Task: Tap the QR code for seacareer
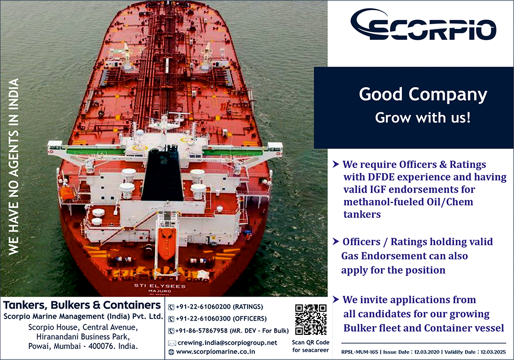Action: coord(310,320)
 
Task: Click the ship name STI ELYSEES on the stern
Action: coord(159,285)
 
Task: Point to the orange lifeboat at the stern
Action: coord(167,243)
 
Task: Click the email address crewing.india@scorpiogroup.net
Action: coord(227,343)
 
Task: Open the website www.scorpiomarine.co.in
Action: coord(216,352)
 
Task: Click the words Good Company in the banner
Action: coord(423,94)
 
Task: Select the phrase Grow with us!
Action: coord(423,118)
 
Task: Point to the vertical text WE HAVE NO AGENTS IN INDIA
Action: coord(14,166)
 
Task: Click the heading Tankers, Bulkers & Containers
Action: coord(82,305)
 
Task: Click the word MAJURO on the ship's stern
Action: coord(159,291)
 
